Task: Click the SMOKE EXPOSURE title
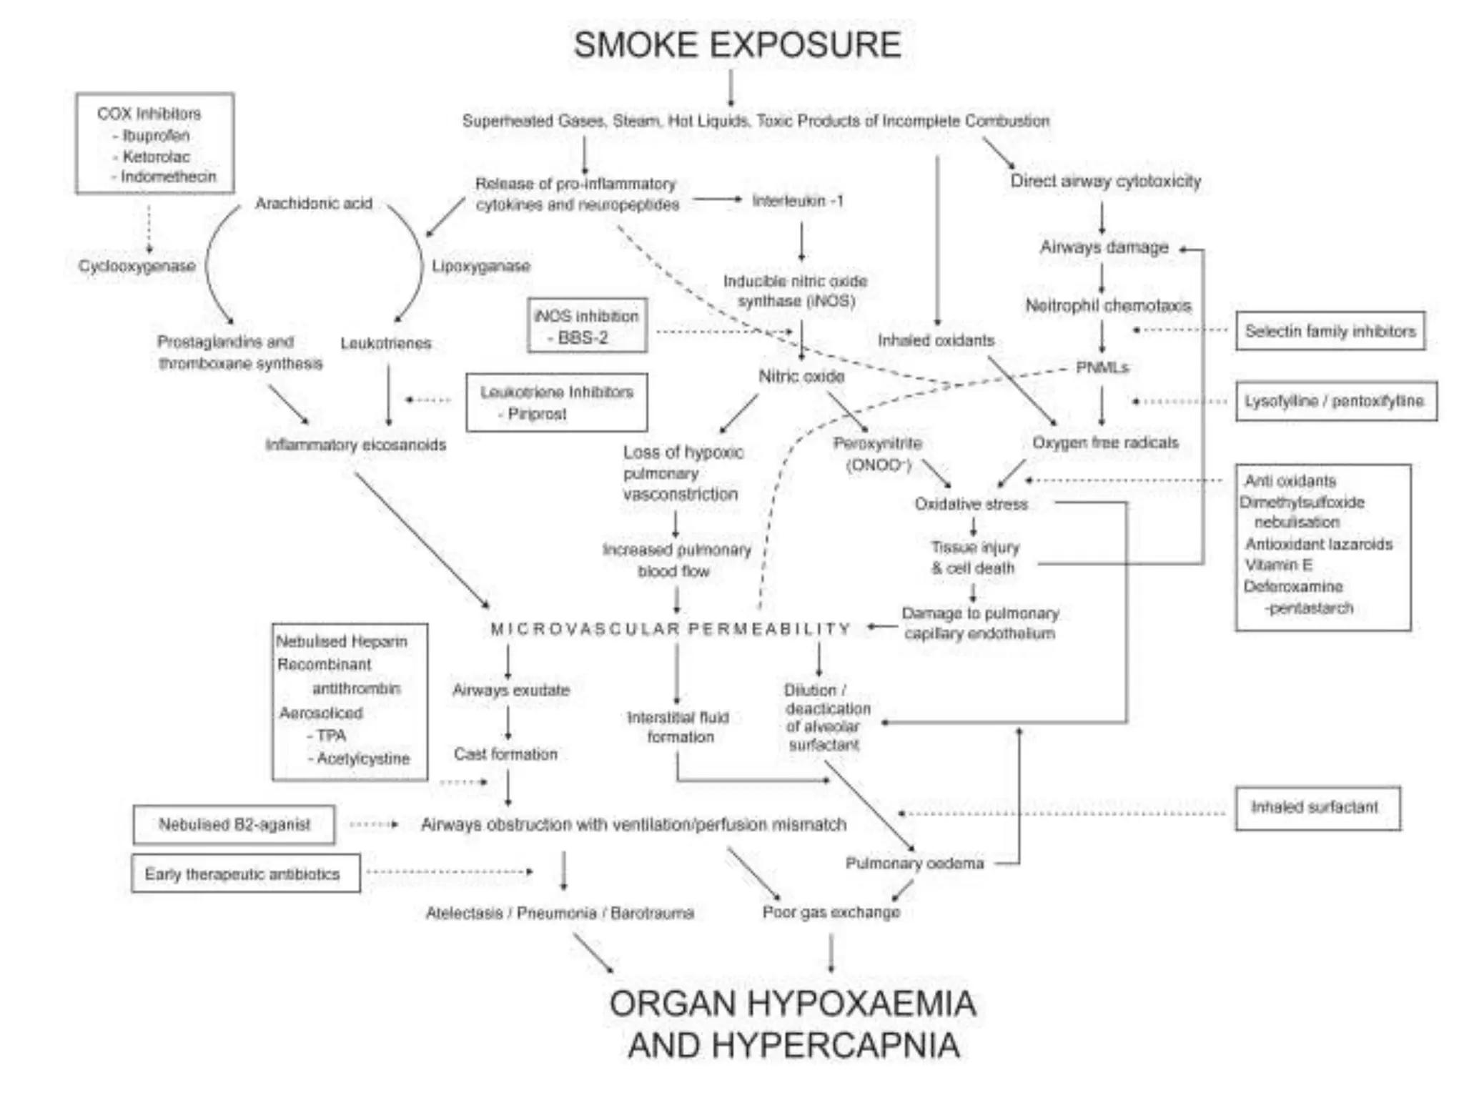click(x=737, y=44)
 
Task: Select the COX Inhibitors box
click(x=154, y=143)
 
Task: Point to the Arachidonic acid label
click(x=314, y=204)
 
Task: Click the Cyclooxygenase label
click(x=137, y=266)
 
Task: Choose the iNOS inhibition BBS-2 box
click(x=587, y=326)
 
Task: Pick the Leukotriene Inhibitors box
click(x=556, y=402)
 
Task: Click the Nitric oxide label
click(x=801, y=376)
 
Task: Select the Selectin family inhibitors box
click(x=1330, y=331)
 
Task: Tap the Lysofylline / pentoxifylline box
click(x=1335, y=401)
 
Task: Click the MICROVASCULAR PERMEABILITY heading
click(x=671, y=629)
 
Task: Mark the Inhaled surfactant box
click(x=1317, y=808)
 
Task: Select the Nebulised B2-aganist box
click(x=234, y=825)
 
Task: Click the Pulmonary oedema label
click(x=914, y=864)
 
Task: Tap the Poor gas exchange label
click(x=831, y=912)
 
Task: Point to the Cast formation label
click(x=505, y=754)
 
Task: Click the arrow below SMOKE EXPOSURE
click(x=731, y=88)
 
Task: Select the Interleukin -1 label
click(x=798, y=201)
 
